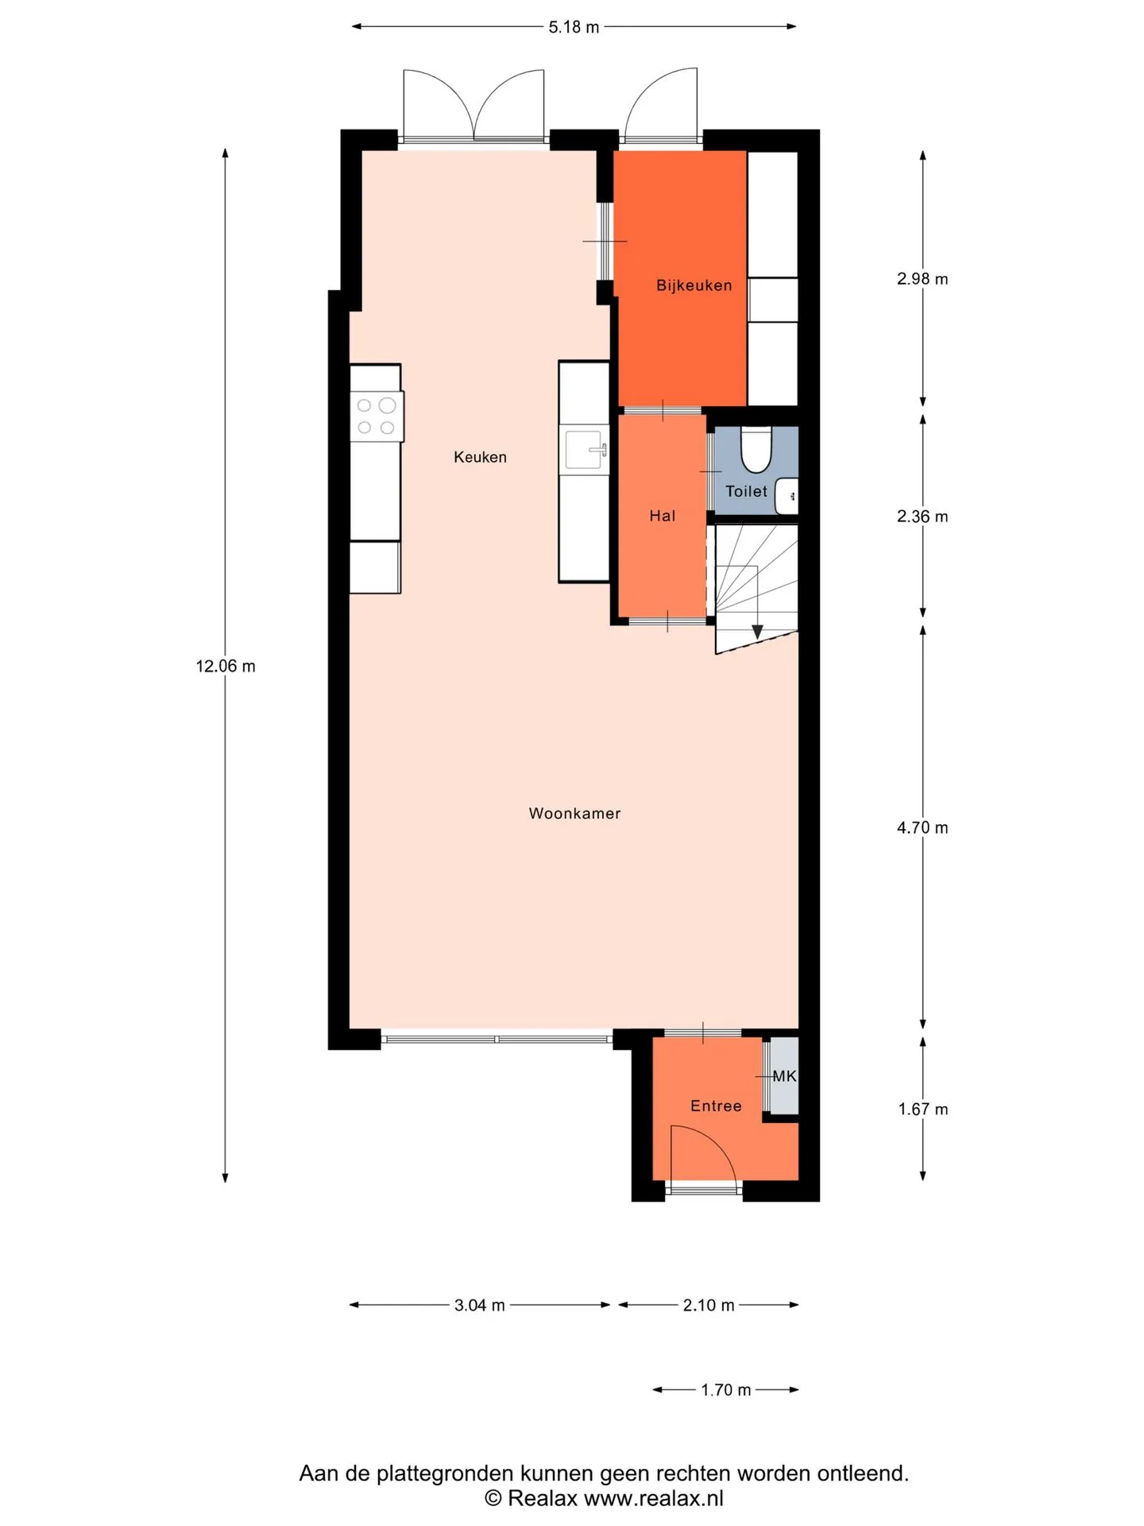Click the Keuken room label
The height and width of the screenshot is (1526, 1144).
tap(480, 457)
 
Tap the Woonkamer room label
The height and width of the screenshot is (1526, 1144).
tap(574, 813)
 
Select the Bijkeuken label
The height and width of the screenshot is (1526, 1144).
tap(694, 285)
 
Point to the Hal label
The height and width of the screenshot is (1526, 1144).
tap(662, 516)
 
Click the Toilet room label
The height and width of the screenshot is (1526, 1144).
tap(746, 491)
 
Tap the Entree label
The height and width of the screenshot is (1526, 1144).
tap(716, 1106)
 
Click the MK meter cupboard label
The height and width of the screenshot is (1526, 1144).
tap(784, 1076)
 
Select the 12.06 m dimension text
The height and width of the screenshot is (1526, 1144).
tap(226, 666)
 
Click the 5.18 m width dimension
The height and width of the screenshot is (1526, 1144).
tap(574, 27)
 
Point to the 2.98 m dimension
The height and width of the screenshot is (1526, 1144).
tap(922, 278)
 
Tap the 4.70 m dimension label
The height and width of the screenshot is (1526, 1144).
tap(922, 827)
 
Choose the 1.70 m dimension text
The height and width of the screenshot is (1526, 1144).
tap(725, 1390)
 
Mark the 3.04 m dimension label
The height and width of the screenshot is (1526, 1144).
tap(479, 1305)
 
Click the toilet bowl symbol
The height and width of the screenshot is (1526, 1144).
tap(756, 449)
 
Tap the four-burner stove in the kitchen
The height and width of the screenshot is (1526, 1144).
tap(377, 416)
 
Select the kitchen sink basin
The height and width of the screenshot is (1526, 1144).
tap(585, 450)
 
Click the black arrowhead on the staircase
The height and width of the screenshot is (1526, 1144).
tap(757, 632)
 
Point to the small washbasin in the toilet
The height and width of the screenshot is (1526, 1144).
tap(786, 496)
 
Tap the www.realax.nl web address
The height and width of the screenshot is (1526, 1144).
tap(654, 1498)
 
